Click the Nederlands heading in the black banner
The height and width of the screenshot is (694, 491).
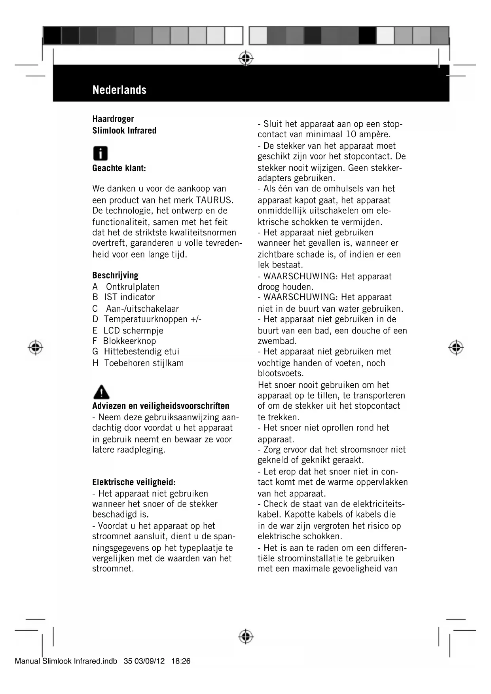point(119,90)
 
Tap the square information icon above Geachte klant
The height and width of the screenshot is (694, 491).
point(100,154)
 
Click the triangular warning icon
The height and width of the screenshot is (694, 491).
point(101,392)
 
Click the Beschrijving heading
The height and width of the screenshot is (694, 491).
point(115,275)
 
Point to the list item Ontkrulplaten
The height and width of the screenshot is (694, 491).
point(133,287)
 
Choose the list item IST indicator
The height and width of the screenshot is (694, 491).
point(129,297)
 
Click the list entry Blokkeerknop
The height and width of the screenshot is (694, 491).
point(129,341)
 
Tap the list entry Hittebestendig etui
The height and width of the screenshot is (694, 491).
point(141,351)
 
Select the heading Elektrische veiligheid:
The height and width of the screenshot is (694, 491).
point(134,482)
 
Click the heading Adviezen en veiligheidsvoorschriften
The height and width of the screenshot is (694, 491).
point(161,406)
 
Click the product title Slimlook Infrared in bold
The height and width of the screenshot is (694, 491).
point(124,131)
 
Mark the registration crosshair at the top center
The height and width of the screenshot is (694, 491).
point(246,58)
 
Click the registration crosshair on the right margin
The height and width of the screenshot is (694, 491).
point(456,347)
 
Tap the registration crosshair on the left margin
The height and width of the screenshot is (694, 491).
point(36,347)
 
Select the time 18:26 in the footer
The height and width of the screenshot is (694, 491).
point(181,661)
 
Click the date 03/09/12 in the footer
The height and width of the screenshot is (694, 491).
point(149,661)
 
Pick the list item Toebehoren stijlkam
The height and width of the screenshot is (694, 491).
point(144,363)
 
